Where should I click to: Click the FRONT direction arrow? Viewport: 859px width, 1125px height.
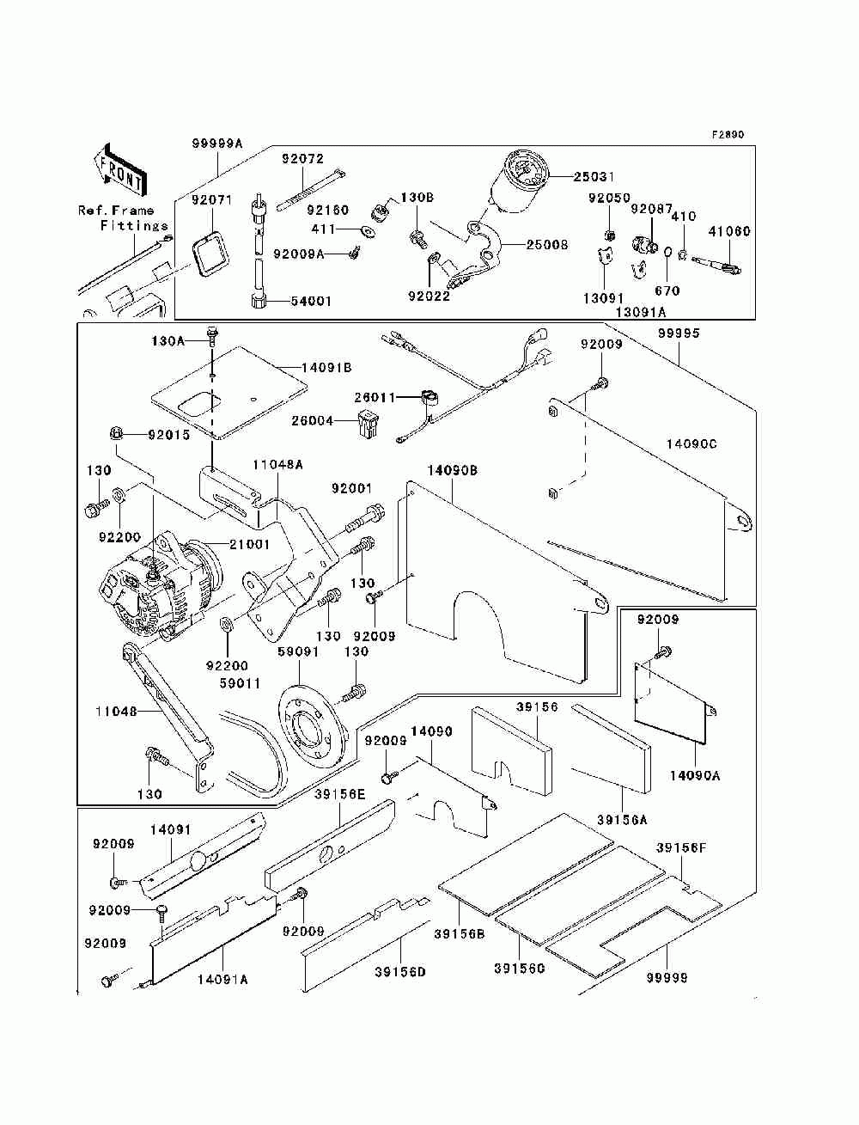pos(119,168)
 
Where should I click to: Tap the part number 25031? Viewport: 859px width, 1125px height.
pos(594,177)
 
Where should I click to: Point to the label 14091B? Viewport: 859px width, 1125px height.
pos(326,367)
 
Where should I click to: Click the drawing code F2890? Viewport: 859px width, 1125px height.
pos(727,135)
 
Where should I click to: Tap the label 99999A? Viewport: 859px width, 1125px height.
pos(218,144)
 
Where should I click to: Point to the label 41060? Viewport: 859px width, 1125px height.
pos(729,230)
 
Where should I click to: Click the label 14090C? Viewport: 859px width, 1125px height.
pos(691,443)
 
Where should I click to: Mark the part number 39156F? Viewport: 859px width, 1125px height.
pos(681,847)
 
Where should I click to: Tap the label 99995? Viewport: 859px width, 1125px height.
pos(679,333)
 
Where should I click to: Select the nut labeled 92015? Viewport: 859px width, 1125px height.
pos(114,433)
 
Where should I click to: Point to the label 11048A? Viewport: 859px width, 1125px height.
pos(277,464)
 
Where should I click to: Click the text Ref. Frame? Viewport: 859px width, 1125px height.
pos(116,211)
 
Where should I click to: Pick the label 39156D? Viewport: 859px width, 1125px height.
pos(400,972)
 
